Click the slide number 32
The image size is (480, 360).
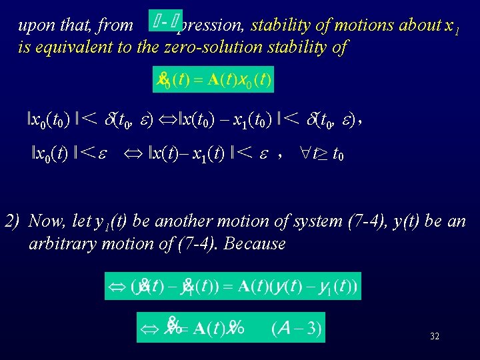[435, 337]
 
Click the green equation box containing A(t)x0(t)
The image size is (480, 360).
[213, 81]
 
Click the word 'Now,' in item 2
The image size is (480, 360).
[47, 221]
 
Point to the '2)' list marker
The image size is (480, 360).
[13, 221]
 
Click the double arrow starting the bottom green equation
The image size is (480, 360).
[150, 328]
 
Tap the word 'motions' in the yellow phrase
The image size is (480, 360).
[376, 25]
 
